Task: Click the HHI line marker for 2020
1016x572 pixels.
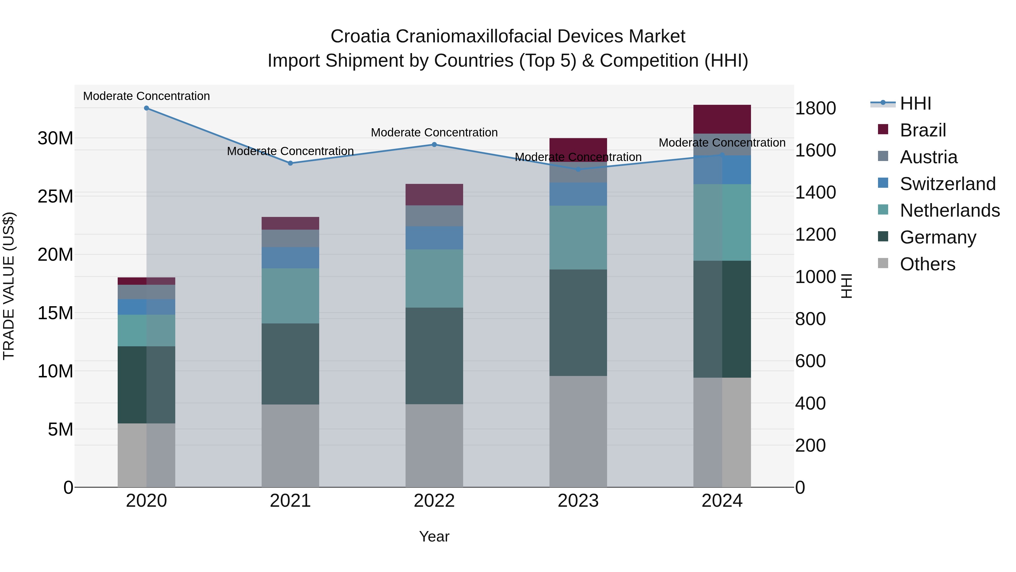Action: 146,108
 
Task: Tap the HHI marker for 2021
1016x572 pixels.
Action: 290,163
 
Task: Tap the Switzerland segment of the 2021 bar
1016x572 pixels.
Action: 290,258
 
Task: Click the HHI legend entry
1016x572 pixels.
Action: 915,103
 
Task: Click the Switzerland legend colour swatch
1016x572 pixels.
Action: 883,183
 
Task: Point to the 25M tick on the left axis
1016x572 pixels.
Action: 55,196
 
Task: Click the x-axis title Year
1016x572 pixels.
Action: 434,536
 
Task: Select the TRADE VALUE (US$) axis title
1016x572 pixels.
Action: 9,286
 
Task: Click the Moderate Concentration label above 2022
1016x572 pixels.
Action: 434,133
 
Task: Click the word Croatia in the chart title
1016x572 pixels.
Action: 360,36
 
